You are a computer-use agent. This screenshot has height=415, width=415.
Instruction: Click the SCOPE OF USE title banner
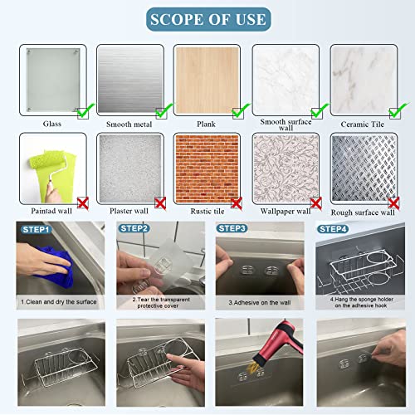207,19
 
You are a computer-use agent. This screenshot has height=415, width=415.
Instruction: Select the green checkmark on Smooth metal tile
162,110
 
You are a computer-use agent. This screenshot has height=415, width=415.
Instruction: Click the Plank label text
207,124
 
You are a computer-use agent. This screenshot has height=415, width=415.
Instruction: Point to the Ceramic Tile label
362,124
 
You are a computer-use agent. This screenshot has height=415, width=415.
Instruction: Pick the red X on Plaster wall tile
159,202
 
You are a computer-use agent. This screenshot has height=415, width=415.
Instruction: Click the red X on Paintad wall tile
81,202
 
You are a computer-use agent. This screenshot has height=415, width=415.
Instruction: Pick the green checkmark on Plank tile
240,110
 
